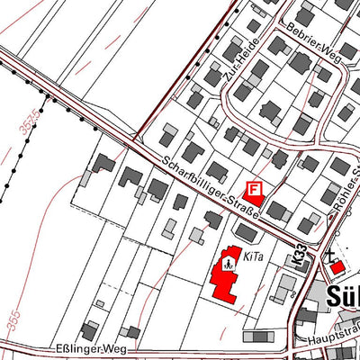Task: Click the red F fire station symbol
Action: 255,189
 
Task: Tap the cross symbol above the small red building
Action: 330,256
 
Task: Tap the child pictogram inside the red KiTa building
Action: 229,265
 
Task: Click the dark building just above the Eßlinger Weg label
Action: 89,330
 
